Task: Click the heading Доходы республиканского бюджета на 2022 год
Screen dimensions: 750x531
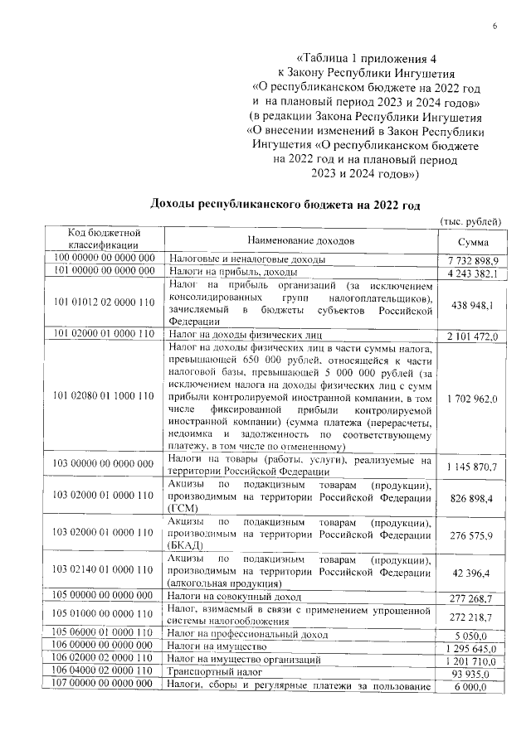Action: pos(285,205)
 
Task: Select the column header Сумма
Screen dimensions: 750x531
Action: pos(471,240)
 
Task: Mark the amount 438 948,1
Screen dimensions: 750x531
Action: pos(471,304)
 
